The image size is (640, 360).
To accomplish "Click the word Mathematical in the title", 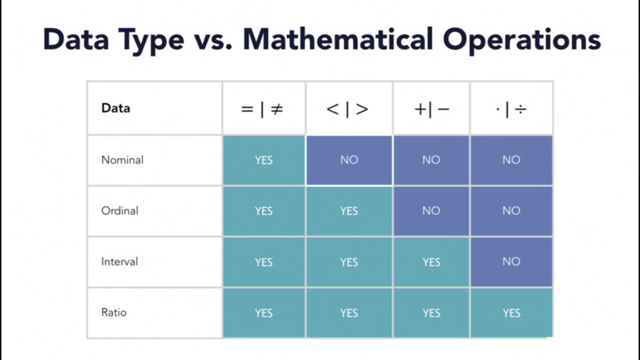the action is point(338,39).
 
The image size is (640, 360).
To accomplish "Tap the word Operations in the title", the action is point(522,41).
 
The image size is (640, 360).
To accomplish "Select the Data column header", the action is point(116,108).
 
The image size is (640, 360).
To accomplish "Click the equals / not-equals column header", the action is point(262,109).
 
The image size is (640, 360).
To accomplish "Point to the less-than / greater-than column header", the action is point(347,109).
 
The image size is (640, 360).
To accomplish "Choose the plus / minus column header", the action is point(431,109).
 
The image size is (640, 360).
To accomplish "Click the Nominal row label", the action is point(122,159).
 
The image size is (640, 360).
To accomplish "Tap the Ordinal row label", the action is point(119,211).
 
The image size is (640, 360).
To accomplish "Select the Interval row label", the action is point(119,262).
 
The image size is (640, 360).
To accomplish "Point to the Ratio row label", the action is point(114,312).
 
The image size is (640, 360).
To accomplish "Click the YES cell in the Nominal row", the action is point(264,160).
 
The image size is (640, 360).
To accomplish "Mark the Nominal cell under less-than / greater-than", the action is point(349,160).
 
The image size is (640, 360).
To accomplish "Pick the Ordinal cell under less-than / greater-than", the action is point(349,211).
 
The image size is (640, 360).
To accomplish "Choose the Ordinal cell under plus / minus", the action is point(431,211).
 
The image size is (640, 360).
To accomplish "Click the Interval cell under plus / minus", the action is point(431,262).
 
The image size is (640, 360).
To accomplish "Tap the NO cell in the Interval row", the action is point(511,262).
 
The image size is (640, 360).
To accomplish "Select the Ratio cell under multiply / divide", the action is point(511,313).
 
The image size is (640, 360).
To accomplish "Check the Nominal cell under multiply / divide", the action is point(511,160).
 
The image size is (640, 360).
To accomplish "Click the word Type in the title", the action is point(151,41).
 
